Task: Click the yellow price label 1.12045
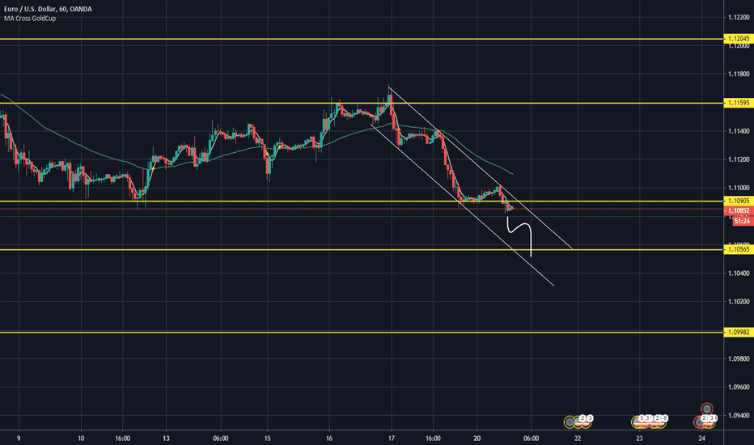coord(737,39)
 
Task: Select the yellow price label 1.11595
coord(737,104)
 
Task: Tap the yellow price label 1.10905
coord(737,201)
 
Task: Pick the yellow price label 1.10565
coord(737,250)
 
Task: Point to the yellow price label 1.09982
coord(737,332)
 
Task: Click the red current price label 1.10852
coord(737,210)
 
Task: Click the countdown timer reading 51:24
coord(737,219)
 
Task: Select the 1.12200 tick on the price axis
coord(737,18)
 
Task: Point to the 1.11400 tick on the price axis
coord(737,131)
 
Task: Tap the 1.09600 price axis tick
coord(737,387)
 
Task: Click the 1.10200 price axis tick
coord(737,302)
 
